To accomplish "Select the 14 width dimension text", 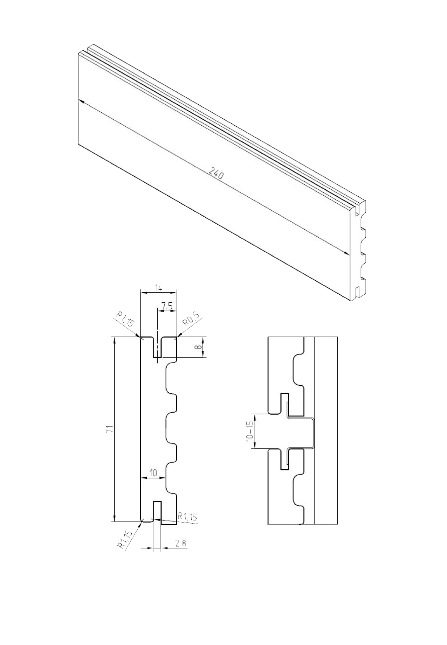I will click(158, 288).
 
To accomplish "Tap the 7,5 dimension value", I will click(167, 307).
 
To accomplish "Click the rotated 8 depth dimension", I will click(197, 347).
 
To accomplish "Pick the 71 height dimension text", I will click(109, 429).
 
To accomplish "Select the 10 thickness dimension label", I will click(153, 473).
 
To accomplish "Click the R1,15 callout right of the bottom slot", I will click(187, 517).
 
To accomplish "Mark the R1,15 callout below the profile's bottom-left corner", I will click(125, 540).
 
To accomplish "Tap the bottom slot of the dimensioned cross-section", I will click(157, 511).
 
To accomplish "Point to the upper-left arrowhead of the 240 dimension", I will click(81, 101).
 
